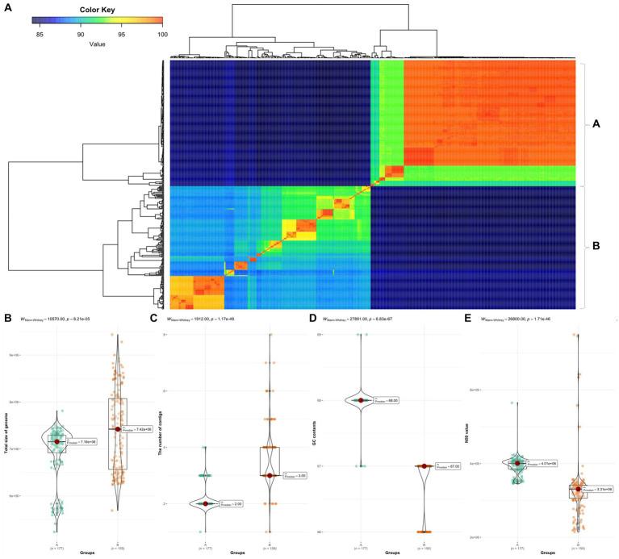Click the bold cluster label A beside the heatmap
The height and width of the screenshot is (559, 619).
pyautogui.click(x=597, y=124)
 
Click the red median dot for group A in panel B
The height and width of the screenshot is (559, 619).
pyautogui.click(x=56, y=441)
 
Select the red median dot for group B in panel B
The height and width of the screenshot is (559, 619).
pyautogui.click(x=118, y=429)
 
